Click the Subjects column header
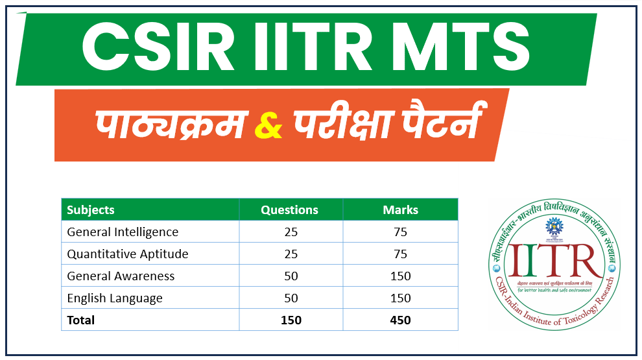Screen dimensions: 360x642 click(91, 210)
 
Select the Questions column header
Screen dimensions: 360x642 click(289, 210)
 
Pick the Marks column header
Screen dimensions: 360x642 click(400, 210)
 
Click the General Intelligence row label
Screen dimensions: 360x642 click(123, 232)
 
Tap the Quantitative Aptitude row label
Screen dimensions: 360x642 click(128, 254)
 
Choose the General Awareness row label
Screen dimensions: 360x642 click(121, 276)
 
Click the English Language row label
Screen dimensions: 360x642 click(115, 298)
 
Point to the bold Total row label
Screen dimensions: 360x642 click(81, 320)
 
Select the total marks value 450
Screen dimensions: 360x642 click(400, 320)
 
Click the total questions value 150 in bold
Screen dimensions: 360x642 click(291, 320)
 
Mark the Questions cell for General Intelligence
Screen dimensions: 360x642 click(291, 232)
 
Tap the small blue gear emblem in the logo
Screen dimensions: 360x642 click(553, 228)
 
